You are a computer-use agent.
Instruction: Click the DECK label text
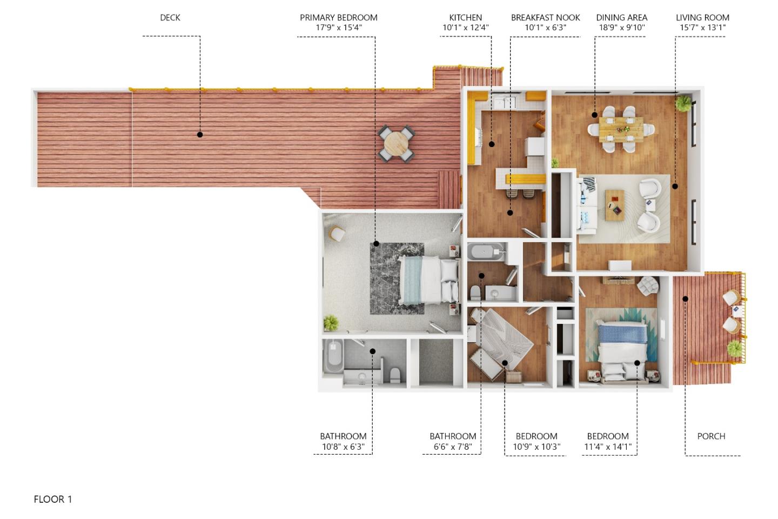[x=170, y=18]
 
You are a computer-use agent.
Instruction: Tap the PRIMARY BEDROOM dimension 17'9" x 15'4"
[x=339, y=28]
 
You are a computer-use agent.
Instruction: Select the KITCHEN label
[x=465, y=18]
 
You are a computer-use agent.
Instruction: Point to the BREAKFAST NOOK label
[x=545, y=18]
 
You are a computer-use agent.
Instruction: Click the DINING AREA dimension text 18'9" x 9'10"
[x=621, y=28]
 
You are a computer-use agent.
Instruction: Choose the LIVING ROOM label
[x=702, y=18]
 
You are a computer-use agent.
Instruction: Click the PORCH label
[x=711, y=436]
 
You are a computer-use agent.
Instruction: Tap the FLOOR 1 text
[x=53, y=499]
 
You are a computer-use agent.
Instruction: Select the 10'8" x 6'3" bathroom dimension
[x=343, y=447]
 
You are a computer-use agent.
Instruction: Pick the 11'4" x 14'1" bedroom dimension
[x=608, y=447]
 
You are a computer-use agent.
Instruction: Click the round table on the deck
[x=397, y=143]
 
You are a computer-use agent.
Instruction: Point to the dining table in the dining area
[x=621, y=129]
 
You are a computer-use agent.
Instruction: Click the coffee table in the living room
[x=614, y=205]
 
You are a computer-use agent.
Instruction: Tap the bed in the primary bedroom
[x=427, y=279]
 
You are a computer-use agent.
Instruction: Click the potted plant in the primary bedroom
[x=331, y=323]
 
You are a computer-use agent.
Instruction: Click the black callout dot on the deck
[x=200, y=135]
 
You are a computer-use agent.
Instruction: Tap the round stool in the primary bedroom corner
[x=337, y=234]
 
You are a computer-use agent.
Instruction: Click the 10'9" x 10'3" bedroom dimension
[x=536, y=447]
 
